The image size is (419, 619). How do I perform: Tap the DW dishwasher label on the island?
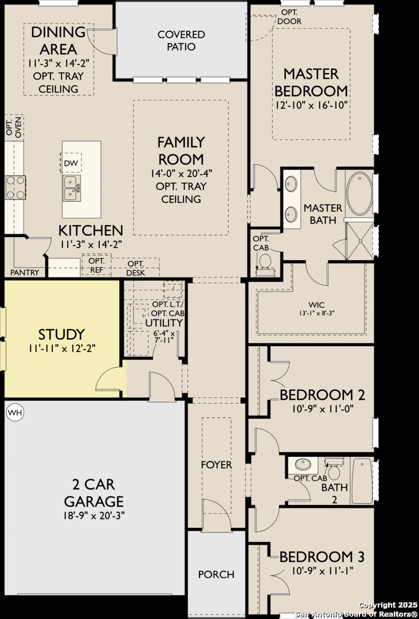tap(71, 163)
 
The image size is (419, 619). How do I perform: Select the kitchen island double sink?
tap(72, 189)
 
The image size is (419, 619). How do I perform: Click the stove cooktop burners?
tap(15, 187)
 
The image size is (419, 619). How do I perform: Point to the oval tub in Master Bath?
tap(359, 193)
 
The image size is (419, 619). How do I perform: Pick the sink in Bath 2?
tap(303, 464)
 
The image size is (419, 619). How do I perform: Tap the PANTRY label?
tap(25, 272)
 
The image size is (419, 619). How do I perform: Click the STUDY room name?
tap(61, 335)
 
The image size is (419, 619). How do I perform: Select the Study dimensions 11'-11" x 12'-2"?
tap(62, 348)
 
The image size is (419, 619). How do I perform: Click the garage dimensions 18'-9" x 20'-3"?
tap(94, 516)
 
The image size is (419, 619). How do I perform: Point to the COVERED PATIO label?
tap(181, 41)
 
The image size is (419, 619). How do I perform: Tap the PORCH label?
tap(217, 574)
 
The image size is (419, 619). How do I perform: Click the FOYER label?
tap(217, 465)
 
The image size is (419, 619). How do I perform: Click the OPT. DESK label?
tap(135, 268)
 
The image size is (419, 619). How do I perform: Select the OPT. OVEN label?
tap(13, 127)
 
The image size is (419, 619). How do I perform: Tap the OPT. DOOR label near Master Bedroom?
tap(289, 17)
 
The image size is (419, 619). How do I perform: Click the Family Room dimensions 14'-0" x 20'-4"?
tap(181, 173)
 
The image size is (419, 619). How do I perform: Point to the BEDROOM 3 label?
tap(322, 557)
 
